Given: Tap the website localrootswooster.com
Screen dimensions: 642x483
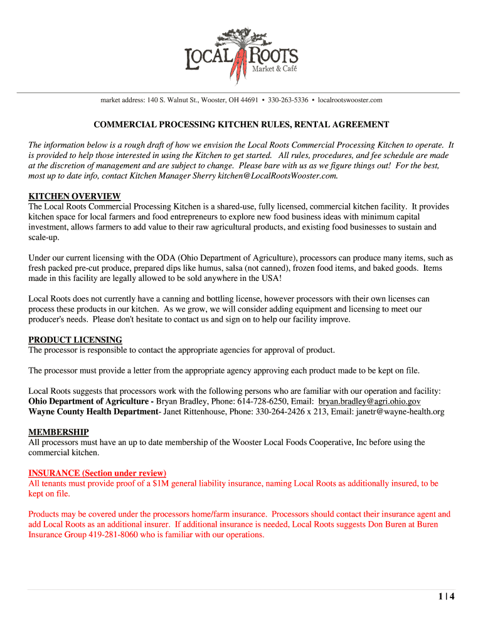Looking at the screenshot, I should tap(350, 100).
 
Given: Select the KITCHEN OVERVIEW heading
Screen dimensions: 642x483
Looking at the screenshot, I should tap(75, 196).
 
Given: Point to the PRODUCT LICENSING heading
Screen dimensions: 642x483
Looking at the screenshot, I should tap(75, 340).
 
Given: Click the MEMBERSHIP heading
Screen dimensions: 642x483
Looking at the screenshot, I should tap(58, 432).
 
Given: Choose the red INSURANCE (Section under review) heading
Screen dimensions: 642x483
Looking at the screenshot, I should tap(97, 473).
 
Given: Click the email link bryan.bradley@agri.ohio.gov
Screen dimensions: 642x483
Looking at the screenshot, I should tap(369, 401).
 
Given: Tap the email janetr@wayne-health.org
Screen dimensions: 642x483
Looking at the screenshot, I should tap(391, 411).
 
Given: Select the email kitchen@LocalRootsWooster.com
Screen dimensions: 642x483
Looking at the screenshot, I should tap(278, 176).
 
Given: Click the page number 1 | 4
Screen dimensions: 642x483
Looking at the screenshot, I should tap(446, 596).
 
